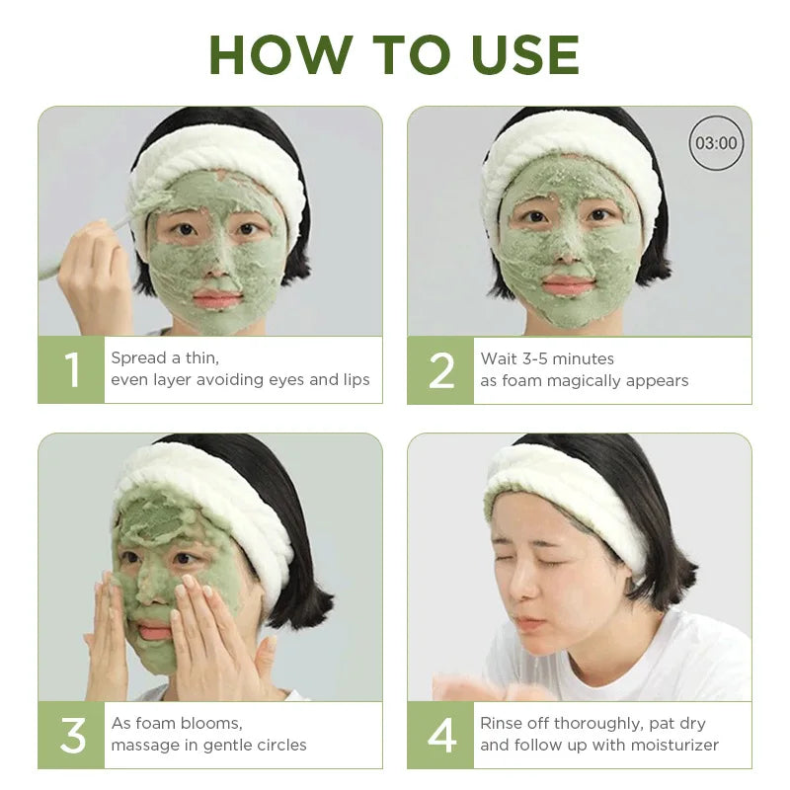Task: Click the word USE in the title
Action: pyautogui.click(x=516, y=54)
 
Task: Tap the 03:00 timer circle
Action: pyautogui.click(x=716, y=143)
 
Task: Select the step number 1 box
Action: pyautogui.click(x=71, y=370)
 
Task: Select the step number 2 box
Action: pyautogui.click(x=441, y=370)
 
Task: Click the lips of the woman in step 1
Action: pyautogui.click(x=217, y=297)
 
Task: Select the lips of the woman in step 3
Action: pyautogui.click(x=154, y=629)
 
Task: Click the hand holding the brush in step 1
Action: pyautogui.click(x=94, y=272)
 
